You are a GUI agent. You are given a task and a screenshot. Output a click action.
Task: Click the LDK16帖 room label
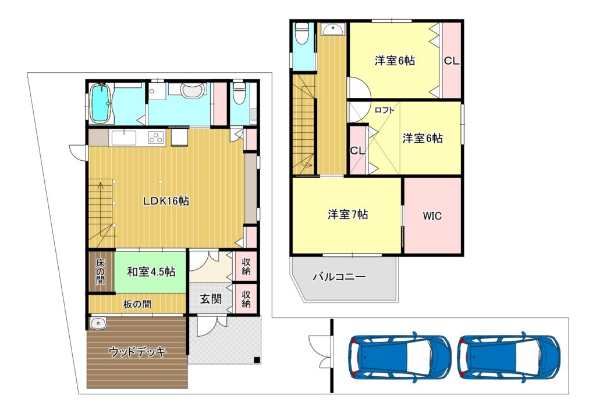click(x=166, y=201)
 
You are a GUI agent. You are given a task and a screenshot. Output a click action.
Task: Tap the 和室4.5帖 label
click(x=151, y=272)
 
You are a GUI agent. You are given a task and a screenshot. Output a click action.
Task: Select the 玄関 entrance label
click(x=211, y=299)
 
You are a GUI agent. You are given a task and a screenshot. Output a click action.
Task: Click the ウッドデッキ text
click(x=137, y=352)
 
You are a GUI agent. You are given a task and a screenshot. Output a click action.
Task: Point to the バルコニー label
click(x=339, y=277)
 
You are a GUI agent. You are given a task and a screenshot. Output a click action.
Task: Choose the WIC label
click(x=432, y=216)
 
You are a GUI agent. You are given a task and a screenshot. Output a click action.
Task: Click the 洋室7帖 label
click(x=348, y=214)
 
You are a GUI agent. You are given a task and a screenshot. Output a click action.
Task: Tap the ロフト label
click(x=384, y=110)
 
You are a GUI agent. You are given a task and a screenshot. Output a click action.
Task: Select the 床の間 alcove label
click(x=100, y=271)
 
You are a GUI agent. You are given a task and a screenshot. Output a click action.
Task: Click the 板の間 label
click(x=137, y=304)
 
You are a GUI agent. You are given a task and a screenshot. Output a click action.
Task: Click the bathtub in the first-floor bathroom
click(x=101, y=103)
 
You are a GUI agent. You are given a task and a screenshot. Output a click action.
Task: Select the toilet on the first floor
click(x=238, y=93)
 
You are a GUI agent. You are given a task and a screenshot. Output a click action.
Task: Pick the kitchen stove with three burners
click(x=156, y=137)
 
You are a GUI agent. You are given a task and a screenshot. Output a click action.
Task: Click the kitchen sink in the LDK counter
click(x=124, y=137)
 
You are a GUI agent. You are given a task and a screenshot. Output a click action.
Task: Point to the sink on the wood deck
click(x=98, y=323)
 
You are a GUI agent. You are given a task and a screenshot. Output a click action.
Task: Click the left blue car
click(x=400, y=357)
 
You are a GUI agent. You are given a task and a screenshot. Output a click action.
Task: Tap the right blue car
click(x=509, y=357)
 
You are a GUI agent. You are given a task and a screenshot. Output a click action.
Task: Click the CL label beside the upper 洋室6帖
click(x=452, y=61)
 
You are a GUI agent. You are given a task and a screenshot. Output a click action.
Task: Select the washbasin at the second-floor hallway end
click(x=332, y=29)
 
